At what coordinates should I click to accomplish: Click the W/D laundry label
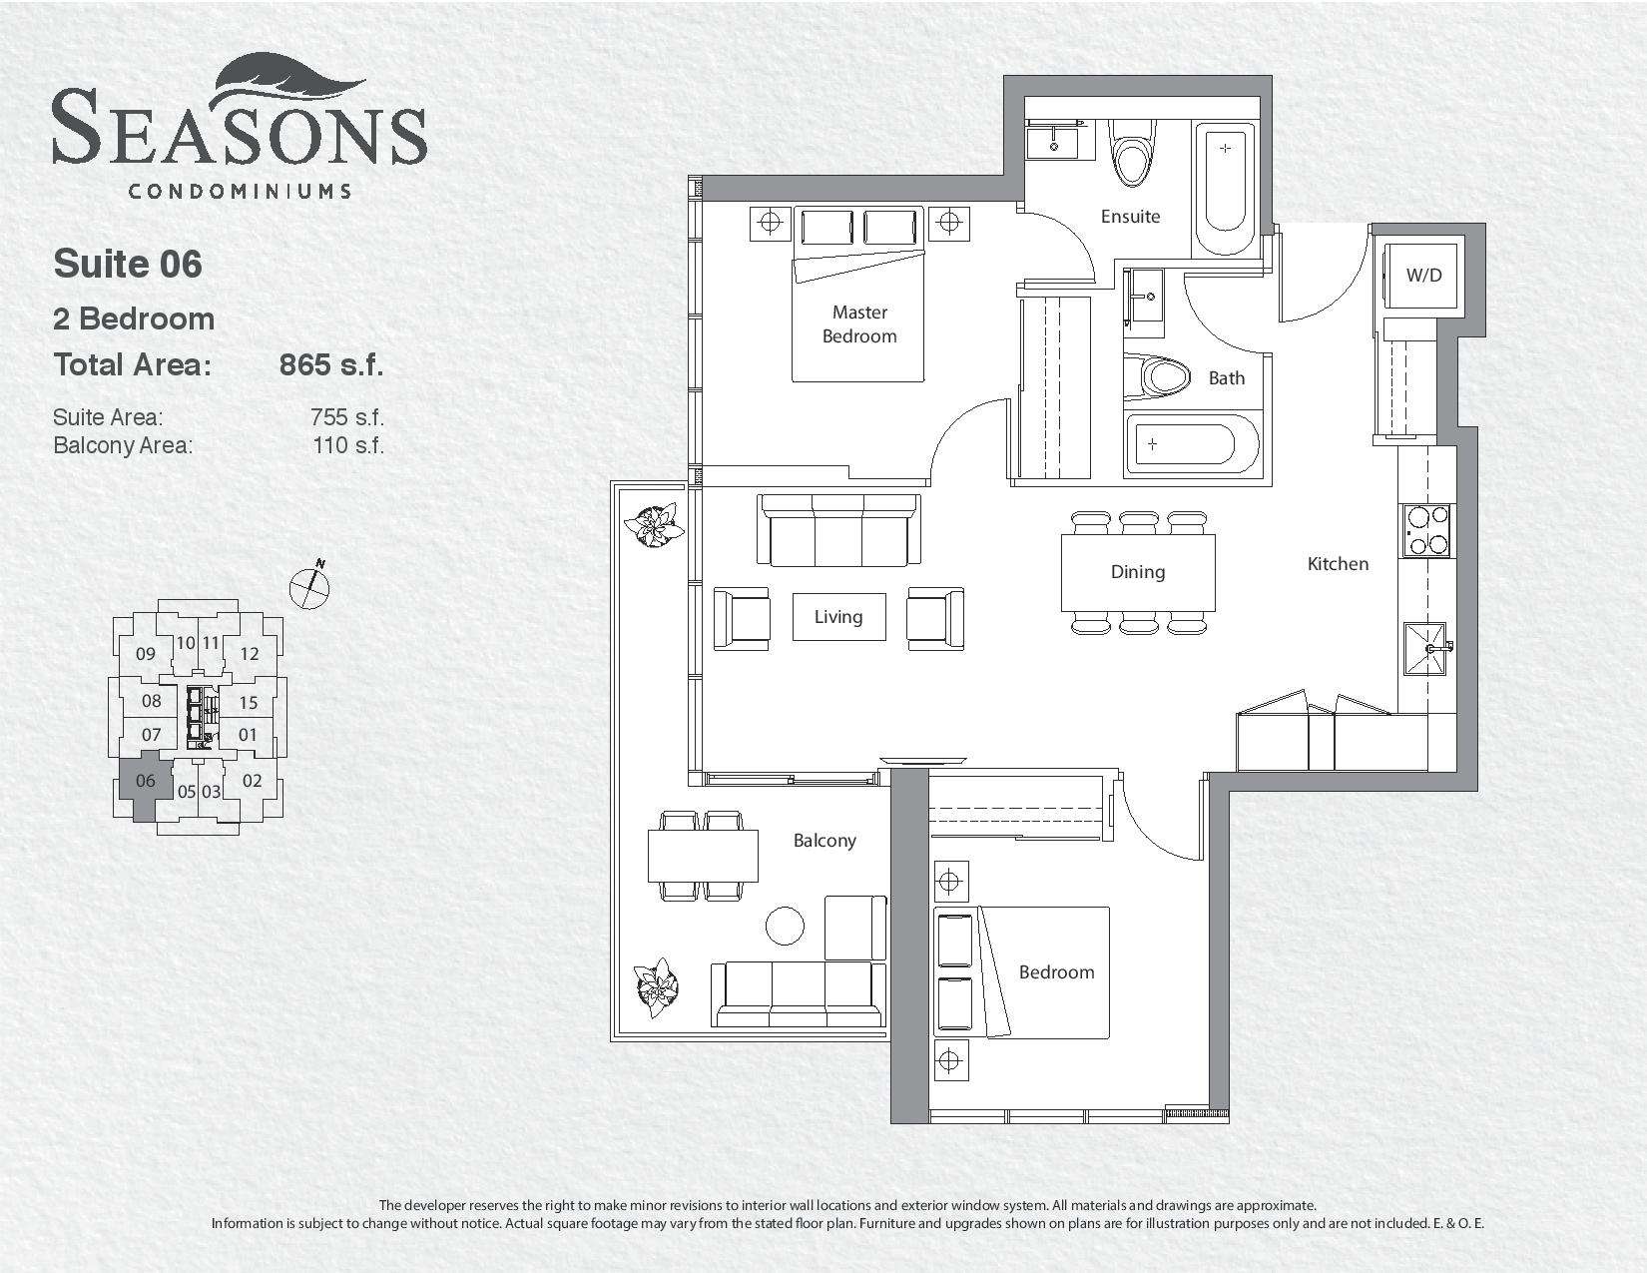[1423, 276]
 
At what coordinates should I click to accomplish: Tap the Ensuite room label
[1130, 217]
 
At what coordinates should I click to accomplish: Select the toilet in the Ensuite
[1132, 153]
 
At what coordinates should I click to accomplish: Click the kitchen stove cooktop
[1426, 531]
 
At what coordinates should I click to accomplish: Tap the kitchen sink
[1425, 648]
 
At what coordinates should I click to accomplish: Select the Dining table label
[1138, 572]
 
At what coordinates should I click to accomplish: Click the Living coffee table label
[838, 617]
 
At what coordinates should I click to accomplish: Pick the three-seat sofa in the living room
[839, 529]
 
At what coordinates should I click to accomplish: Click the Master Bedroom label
[859, 323]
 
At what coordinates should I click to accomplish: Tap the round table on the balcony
[785, 926]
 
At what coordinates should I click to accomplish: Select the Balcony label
[824, 841]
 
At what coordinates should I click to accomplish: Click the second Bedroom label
[1056, 972]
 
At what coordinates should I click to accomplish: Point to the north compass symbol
[309, 585]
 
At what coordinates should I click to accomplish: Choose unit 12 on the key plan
[250, 654]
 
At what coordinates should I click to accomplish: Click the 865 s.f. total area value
[331, 364]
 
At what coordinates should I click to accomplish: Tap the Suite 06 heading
[128, 264]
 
